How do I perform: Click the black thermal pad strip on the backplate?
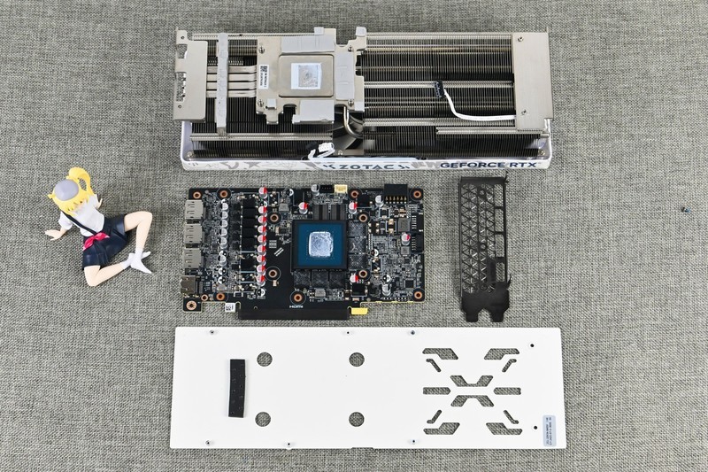pos(237,388)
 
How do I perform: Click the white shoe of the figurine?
pos(138,261)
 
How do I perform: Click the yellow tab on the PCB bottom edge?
pos(358,311)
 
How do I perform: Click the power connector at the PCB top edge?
pos(394,191)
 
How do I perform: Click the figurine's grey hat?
pos(63,189)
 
